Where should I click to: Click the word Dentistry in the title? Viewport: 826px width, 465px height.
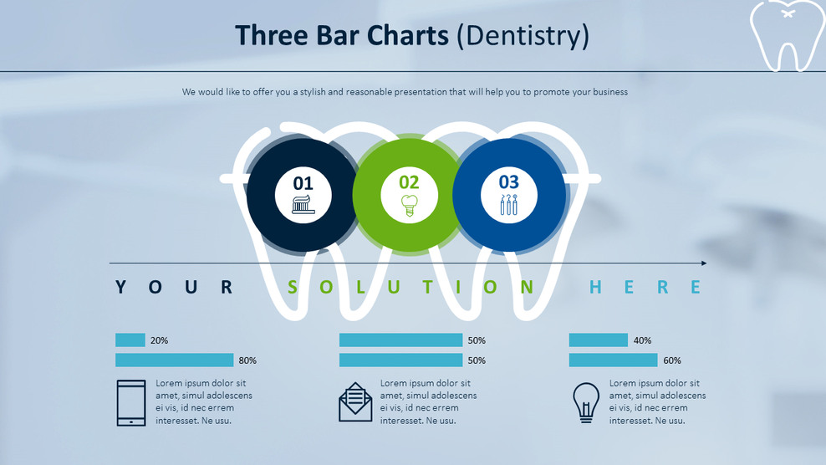click(x=523, y=36)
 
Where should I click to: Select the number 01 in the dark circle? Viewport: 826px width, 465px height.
click(x=303, y=182)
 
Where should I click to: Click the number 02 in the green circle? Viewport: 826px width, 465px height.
click(x=409, y=181)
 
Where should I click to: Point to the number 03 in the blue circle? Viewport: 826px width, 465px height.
click(x=508, y=181)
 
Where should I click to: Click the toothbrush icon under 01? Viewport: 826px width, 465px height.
click(x=303, y=204)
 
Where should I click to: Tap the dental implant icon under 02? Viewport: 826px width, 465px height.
click(x=409, y=205)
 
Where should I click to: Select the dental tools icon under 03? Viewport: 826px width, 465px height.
click(x=508, y=205)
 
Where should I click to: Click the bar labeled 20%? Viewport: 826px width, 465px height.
click(x=130, y=340)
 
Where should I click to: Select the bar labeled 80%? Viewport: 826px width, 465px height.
click(x=174, y=360)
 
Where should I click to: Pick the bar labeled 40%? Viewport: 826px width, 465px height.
click(x=598, y=340)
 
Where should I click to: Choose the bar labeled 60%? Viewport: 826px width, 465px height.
click(x=613, y=360)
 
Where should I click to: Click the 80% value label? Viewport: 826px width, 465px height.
click(x=247, y=360)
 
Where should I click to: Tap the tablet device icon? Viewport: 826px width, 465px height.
click(x=131, y=402)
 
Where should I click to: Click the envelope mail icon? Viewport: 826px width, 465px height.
click(x=355, y=402)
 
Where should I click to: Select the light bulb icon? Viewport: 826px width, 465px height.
click(x=586, y=402)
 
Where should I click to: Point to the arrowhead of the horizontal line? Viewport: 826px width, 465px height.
click(x=703, y=263)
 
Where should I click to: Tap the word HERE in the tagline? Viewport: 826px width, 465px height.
click(x=645, y=288)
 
